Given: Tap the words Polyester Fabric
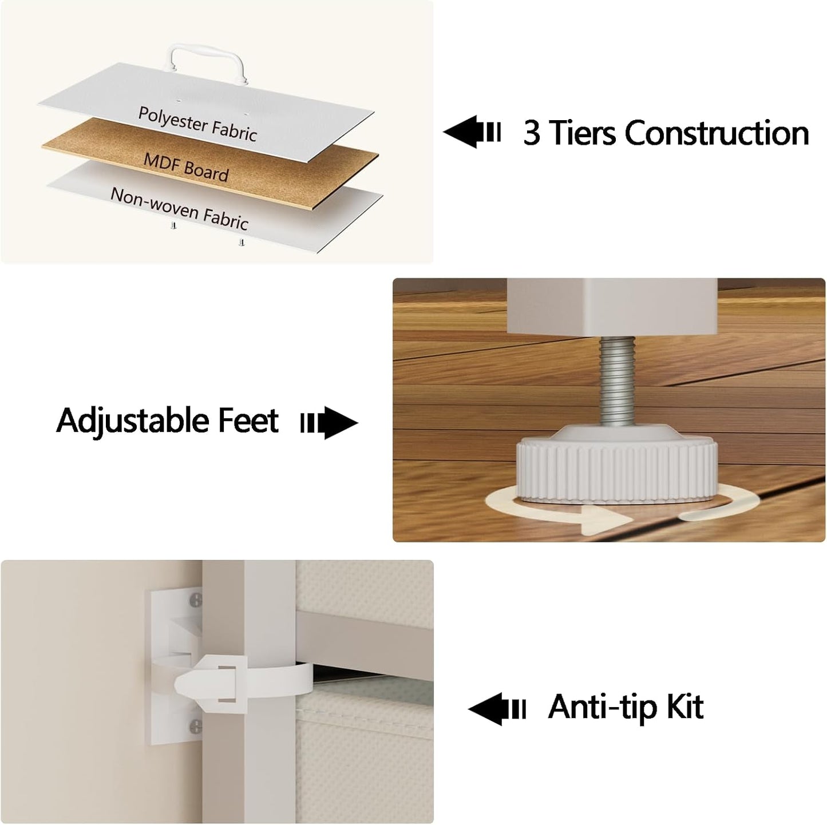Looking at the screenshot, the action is [x=198, y=124].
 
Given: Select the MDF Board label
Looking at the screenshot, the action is [x=186, y=167].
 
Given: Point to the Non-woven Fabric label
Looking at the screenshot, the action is [x=179, y=208].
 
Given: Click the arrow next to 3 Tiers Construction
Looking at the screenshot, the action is [x=472, y=132].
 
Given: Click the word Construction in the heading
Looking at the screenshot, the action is [x=717, y=133].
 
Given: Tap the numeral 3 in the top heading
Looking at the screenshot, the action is [x=532, y=133].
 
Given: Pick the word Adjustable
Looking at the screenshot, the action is [x=133, y=421].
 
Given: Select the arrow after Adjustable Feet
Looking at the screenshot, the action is [x=329, y=423].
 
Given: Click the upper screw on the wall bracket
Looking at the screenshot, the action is [x=196, y=600].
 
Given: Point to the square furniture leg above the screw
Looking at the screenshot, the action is [x=612, y=307].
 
